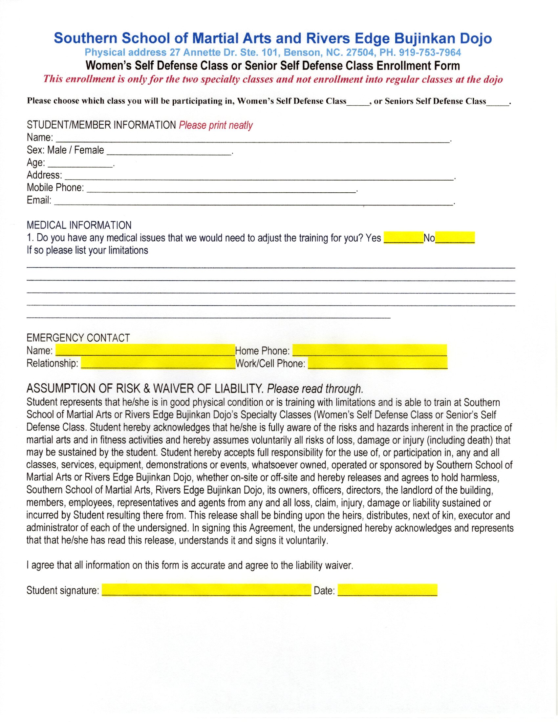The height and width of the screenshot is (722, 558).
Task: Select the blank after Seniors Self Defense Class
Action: [498, 102]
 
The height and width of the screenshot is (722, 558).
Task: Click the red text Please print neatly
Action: [216, 125]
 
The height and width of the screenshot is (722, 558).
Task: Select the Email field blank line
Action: [253, 202]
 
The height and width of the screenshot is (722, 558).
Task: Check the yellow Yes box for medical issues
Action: [403, 238]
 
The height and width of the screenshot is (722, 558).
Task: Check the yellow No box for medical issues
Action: [455, 238]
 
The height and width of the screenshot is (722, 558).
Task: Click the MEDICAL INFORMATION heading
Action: [79, 225]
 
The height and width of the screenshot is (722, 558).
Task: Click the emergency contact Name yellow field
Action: [145, 350]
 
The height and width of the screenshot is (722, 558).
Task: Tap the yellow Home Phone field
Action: [370, 350]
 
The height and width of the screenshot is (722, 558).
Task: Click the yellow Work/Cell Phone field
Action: [377, 363]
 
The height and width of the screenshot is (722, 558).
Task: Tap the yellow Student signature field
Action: [206, 590]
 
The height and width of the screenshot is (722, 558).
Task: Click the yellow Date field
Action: [387, 590]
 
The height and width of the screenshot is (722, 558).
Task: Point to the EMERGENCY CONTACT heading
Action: [78, 338]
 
